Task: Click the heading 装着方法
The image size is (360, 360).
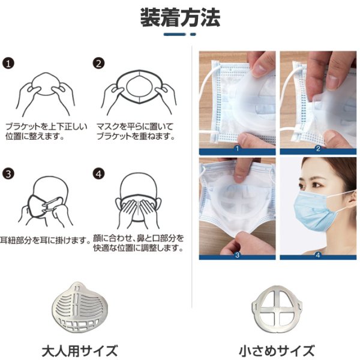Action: [180, 17]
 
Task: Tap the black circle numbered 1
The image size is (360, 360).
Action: [8, 64]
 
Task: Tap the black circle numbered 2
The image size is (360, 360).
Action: [99, 64]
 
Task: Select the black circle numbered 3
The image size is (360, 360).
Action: [8, 174]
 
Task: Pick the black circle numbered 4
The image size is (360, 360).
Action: [99, 174]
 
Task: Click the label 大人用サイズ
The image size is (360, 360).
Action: [80, 350]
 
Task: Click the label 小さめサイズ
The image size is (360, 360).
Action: [277, 351]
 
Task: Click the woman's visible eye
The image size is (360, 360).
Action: [317, 185]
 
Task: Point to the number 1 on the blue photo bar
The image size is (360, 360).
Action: [237, 149]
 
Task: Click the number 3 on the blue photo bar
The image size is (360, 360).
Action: [237, 255]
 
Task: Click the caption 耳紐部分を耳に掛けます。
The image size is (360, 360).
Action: [45, 241]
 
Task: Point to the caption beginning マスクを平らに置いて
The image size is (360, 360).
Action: [136, 131]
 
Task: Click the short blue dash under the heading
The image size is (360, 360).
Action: [193, 34]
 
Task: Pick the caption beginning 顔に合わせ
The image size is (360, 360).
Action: [139, 243]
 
